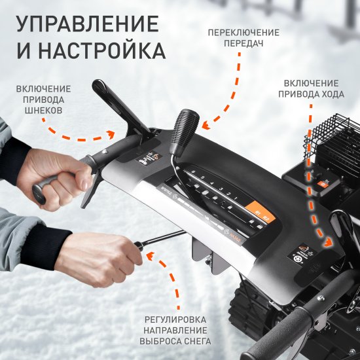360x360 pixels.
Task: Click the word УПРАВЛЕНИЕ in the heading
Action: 87,24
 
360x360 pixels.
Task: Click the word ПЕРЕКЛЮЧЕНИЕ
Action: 243,33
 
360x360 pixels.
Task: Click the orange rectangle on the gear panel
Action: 257,213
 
